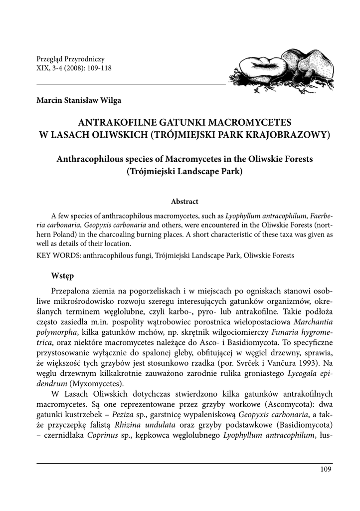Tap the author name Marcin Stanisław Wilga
79,100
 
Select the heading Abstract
184,202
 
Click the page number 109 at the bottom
325,469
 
